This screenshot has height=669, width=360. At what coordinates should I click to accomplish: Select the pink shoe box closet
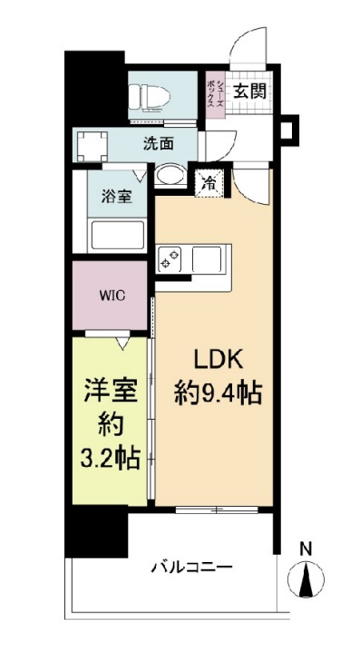coord(211,92)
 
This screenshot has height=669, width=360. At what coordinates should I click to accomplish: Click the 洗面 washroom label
coord(157,142)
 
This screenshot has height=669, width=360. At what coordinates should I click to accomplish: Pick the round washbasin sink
coord(169,174)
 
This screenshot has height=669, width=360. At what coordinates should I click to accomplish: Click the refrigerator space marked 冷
coord(209,180)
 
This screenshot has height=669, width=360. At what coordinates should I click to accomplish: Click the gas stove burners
coord(170,258)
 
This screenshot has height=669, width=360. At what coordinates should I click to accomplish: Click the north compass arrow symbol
coord(306,577)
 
